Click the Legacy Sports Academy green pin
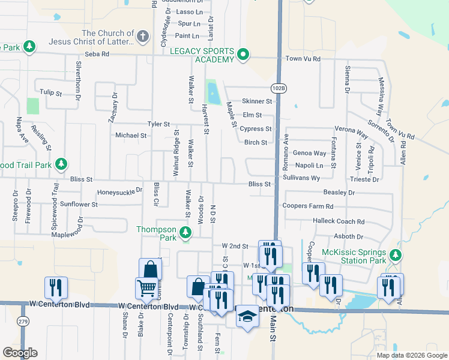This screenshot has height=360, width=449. [x=243, y=55]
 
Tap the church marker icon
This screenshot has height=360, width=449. [x=142, y=37]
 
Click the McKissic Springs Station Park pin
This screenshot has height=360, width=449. [x=394, y=256]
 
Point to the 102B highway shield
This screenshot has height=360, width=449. [x=279, y=88]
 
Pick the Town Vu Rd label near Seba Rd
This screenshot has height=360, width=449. [x=303, y=59]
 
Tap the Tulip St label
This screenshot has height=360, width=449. [x=51, y=93]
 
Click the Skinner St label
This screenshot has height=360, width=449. [x=257, y=101]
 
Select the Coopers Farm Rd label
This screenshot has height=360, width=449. [x=307, y=206]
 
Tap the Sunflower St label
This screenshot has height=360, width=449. [x=79, y=205]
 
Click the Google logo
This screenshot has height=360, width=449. [x=20, y=353]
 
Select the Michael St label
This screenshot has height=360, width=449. [x=131, y=136]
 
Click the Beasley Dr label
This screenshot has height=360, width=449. [x=339, y=193]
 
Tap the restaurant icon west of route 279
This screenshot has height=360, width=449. [x=56, y=288]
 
